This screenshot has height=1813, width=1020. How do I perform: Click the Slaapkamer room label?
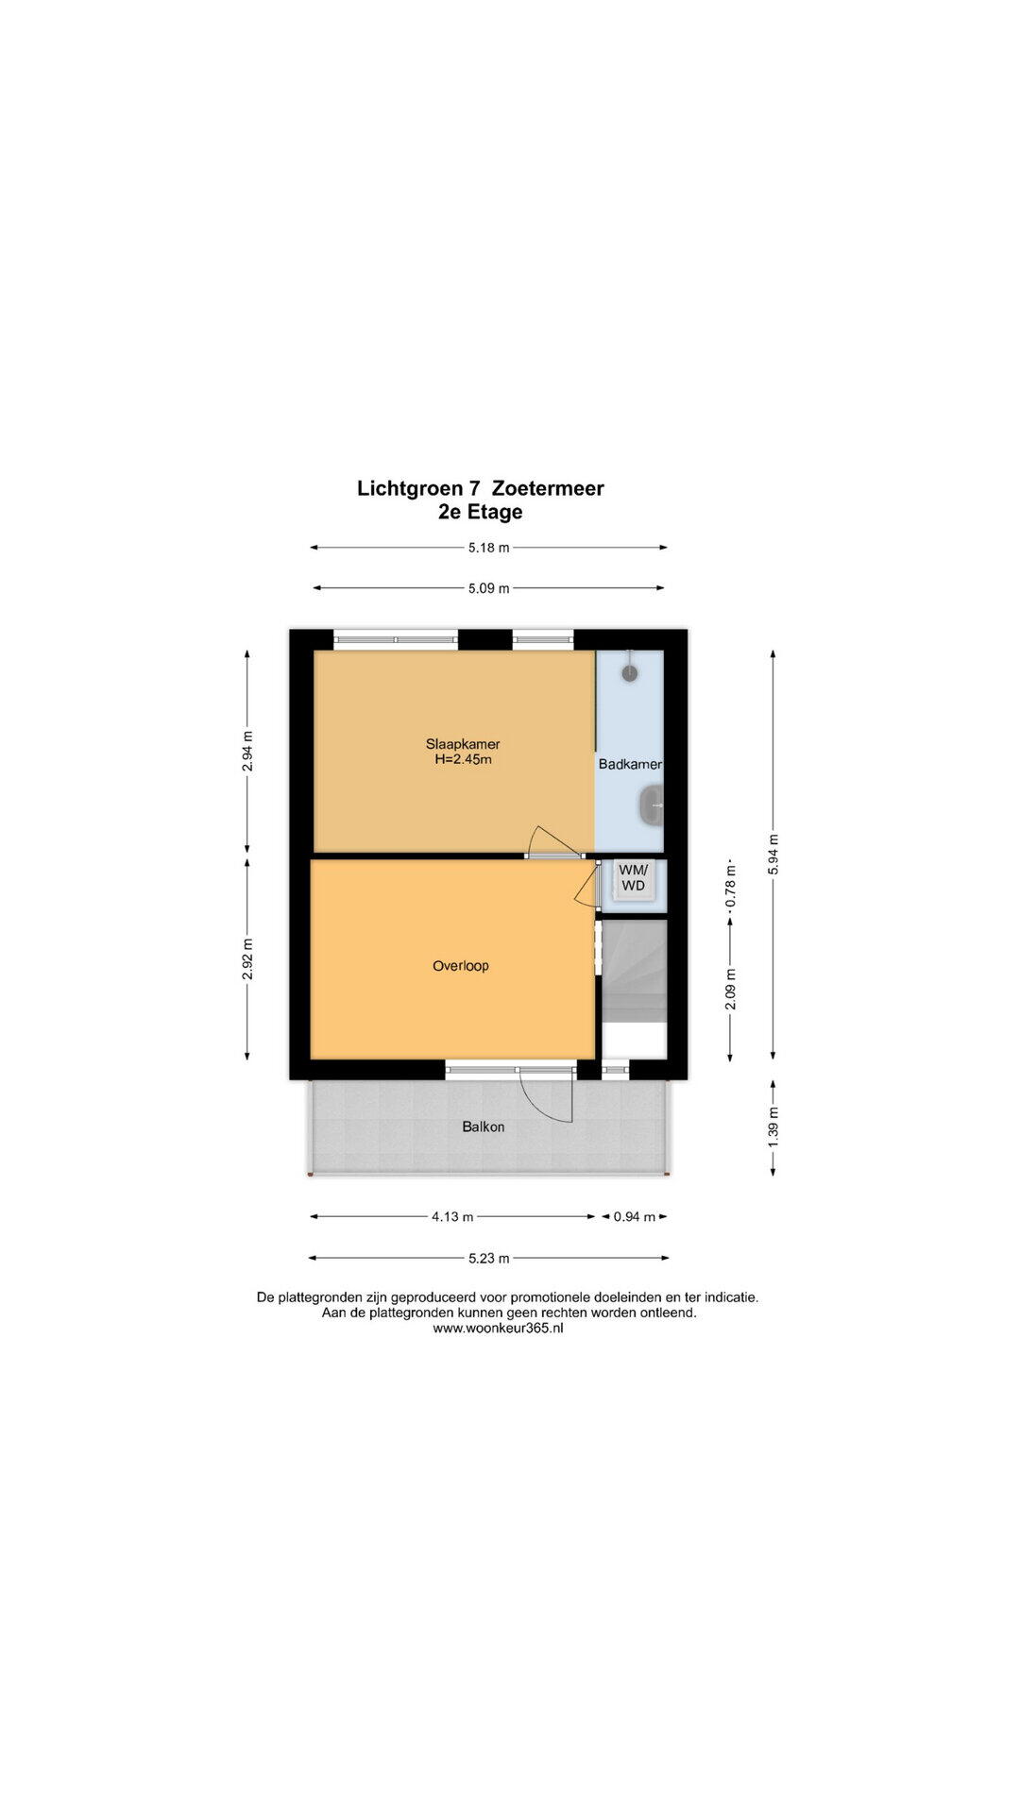coord(463,744)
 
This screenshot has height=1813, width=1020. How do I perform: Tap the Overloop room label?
coord(461,966)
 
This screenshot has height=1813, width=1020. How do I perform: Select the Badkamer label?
coord(630,764)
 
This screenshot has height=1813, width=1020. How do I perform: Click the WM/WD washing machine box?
coord(633,878)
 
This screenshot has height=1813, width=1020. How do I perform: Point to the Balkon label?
coord(484,1127)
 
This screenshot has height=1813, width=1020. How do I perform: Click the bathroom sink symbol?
coord(651,805)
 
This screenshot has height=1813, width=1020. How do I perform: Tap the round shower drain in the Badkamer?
coord(630,672)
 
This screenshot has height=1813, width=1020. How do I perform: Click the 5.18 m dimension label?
coord(488,547)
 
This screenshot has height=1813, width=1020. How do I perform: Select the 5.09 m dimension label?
coord(488,588)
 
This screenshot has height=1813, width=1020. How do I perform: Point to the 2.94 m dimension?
coord(247,752)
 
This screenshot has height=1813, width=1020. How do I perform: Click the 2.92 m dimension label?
coord(247,958)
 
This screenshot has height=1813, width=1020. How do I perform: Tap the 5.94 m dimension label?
coord(773,854)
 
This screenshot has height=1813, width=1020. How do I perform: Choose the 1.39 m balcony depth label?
coord(773,1127)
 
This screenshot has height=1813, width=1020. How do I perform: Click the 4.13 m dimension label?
coord(452,1216)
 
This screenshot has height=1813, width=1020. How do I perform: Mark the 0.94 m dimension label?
coord(635,1216)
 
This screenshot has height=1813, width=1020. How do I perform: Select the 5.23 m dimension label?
coord(489,1258)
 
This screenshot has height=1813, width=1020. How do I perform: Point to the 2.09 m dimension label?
coord(730,990)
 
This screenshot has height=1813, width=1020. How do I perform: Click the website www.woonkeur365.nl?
coord(498,1328)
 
